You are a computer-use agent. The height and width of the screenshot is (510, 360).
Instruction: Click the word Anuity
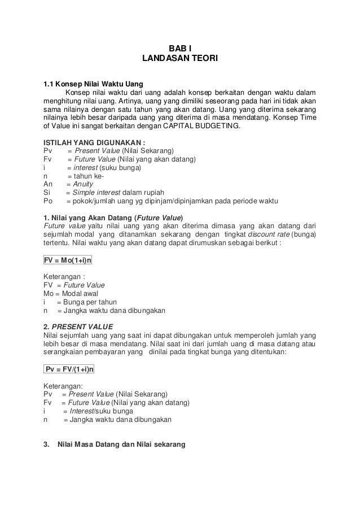(84, 184)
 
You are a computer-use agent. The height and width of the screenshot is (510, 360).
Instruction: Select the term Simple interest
(94, 193)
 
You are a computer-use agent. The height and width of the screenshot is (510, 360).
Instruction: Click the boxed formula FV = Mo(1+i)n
(68, 260)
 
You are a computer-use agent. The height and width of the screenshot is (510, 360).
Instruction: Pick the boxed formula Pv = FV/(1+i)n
(69, 369)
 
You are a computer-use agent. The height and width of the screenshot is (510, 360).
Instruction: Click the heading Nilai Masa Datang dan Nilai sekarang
(122, 444)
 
